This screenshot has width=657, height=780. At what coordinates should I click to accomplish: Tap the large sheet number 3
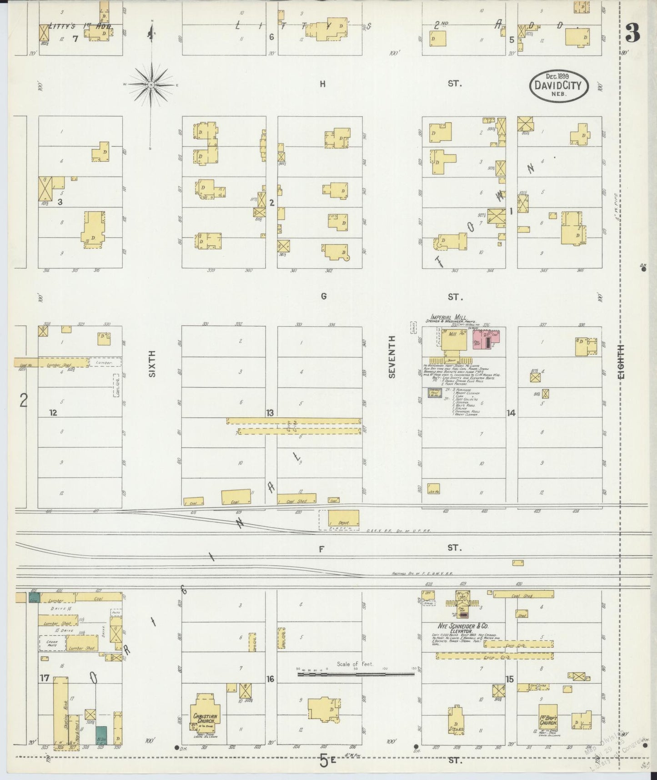(633, 33)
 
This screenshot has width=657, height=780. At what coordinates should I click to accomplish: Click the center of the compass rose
(151, 85)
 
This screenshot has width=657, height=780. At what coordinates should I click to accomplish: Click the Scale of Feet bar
(356, 674)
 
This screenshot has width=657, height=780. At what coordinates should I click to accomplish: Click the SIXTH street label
(152, 363)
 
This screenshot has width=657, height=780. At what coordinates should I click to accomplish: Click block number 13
(270, 413)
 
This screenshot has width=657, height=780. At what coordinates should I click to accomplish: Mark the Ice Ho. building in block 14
(433, 489)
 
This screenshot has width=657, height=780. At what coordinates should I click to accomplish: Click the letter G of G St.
(323, 297)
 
